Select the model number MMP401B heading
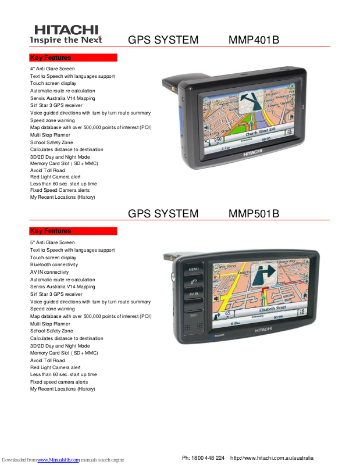pos(254,40)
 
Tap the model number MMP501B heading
pos(254,214)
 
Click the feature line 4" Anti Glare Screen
pos(52,69)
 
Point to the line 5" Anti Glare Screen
pos(52,242)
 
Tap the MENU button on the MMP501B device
pos(194,270)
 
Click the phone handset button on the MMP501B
pos(194,282)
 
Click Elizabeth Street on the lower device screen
pos(273,307)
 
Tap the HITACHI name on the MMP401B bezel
pos(252,152)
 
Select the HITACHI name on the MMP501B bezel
pos(263,330)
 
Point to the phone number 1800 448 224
pos(208,458)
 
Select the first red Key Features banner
pos(73,58)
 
